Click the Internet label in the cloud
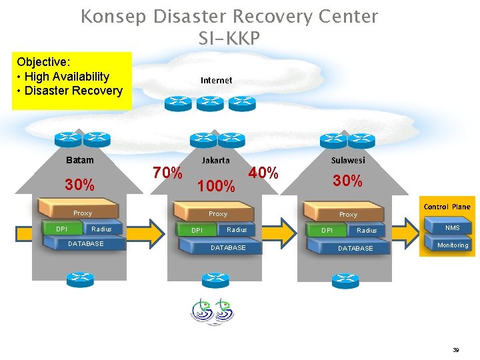point(217,80)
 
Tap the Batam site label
point(80,160)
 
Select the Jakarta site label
point(215,160)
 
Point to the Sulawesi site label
point(348,160)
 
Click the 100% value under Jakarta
point(217,187)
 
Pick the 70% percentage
point(167,173)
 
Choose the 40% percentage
point(263,173)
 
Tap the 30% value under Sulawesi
point(348,181)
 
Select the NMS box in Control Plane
point(453,228)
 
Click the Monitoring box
point(453,245)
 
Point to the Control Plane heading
point(447,207)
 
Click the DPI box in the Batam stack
point(61,229)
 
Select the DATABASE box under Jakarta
point(228,247)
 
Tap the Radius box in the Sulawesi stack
point(367,231)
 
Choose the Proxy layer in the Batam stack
point(83,213)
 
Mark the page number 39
point(456,349)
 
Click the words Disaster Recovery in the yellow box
point(73,91)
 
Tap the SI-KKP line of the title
point(229,39)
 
